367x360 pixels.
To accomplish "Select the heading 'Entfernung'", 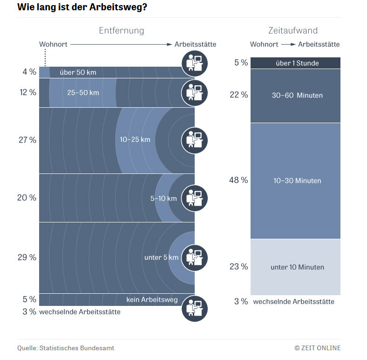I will point(122,31).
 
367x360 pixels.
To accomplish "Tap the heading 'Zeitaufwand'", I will point(293,31).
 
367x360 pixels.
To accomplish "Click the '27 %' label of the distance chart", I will point(27,140).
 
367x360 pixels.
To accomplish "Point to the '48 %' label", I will point(238,180).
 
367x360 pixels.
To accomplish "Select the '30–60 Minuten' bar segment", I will point(296,96).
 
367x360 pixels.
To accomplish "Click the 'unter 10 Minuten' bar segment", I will point(296,267).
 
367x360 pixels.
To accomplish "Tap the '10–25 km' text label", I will point(135,139).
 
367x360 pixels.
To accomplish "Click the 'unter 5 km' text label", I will point(161,257).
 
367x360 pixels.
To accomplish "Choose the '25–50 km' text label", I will point(83,92).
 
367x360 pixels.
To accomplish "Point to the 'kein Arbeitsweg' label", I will point(152,299).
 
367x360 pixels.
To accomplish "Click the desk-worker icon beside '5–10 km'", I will point(195,198).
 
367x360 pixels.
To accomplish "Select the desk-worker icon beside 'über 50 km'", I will point(195,63).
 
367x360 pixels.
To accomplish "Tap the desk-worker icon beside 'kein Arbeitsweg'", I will point(195,309).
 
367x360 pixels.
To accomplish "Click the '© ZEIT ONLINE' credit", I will point(317,348).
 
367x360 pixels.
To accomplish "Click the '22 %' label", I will point(238,95).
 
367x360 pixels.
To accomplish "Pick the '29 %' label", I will point(27,257).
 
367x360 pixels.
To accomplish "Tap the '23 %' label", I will point(238,267).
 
